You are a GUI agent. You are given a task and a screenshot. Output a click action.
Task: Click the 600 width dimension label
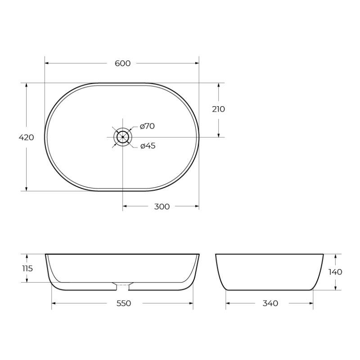(x=122, y=63)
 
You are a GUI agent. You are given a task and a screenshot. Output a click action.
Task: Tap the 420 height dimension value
(x=27, y=137)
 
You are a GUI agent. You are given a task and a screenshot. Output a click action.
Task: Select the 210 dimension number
(x=218, y=109)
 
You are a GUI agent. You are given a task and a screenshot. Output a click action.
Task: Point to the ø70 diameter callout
(x=147, y=126)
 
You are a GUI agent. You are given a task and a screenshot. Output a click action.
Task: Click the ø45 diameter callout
(x=148, y=146)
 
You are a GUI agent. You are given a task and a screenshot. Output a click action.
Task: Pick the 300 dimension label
(x=162, y=207)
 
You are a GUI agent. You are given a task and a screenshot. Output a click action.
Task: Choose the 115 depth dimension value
(x=27, y=268)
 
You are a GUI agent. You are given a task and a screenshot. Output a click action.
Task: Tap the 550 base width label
(x=123, y=303)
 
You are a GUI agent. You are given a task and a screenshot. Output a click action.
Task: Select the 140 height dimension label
(x=335, y=272)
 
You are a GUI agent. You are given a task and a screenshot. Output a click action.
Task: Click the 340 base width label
(x=270, y=303)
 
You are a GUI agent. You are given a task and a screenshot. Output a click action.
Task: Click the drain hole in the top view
(x=122, y=136)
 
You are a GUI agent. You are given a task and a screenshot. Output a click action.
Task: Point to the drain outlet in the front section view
(x=122, y=285)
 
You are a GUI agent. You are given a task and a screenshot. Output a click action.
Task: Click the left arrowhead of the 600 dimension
(x=47, y=63)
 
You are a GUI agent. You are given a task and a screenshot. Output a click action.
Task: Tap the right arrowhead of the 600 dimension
(x=197, y=63)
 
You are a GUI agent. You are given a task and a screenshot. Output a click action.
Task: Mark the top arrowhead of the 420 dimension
(x=27, y=85)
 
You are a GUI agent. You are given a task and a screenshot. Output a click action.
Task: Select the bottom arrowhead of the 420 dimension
(x=27, y=189)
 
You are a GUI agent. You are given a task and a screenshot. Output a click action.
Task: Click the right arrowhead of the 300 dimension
(x=197, y=207)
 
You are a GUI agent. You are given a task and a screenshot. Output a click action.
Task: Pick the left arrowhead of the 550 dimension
(x=54, y=303)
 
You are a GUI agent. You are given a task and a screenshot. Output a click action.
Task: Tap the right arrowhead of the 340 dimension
(x=311, y=303)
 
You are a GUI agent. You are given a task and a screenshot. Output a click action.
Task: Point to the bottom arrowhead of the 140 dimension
(x=335, y=288)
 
